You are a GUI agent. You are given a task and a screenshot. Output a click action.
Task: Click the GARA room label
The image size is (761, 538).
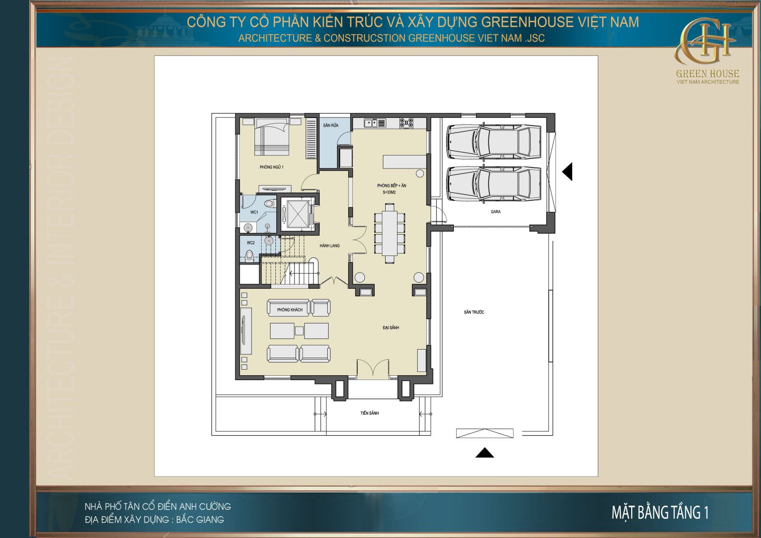click(x=495, y=212)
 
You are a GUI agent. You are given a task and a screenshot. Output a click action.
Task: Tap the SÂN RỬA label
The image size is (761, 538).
click(x=331, y=126)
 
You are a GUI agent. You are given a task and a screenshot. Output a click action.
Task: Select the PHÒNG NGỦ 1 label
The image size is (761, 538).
click(x=272, y=167)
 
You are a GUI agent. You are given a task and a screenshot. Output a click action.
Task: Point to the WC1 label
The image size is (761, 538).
click(x=254, y=213)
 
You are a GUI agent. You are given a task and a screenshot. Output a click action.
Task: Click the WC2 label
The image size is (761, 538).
click(x=251, y=243)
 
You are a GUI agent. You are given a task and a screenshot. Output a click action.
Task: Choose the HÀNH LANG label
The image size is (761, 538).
click(x=330, y=246)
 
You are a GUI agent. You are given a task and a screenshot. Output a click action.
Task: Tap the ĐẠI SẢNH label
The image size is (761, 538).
click(x=390, y=328)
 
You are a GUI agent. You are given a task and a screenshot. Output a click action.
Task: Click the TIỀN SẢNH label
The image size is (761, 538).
click(x=370, y=413)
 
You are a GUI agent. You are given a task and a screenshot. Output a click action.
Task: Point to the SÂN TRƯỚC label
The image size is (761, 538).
click(x=474, y=312)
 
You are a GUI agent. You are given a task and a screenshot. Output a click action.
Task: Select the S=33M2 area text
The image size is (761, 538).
click(x=390, y=192)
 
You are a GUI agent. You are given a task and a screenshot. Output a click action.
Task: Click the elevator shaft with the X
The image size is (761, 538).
click(x=297, y=214)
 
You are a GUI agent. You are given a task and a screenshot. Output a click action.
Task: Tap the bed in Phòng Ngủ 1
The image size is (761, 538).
click(x=272, y=137)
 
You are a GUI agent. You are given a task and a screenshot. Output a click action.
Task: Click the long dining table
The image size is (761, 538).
click(x=390, y=233)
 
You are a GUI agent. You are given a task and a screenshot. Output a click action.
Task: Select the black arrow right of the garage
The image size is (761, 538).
click(x=567, y=172)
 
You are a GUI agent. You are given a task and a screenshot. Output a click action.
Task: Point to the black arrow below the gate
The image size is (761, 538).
click(x=485, y=452)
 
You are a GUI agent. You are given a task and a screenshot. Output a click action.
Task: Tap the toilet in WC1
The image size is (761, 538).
click(x=270, y=204)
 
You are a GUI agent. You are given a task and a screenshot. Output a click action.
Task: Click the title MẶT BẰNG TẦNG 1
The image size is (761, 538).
click(x=660, y=513)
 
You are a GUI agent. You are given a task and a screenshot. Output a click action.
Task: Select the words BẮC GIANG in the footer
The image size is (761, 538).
click(x=200, y=519)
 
